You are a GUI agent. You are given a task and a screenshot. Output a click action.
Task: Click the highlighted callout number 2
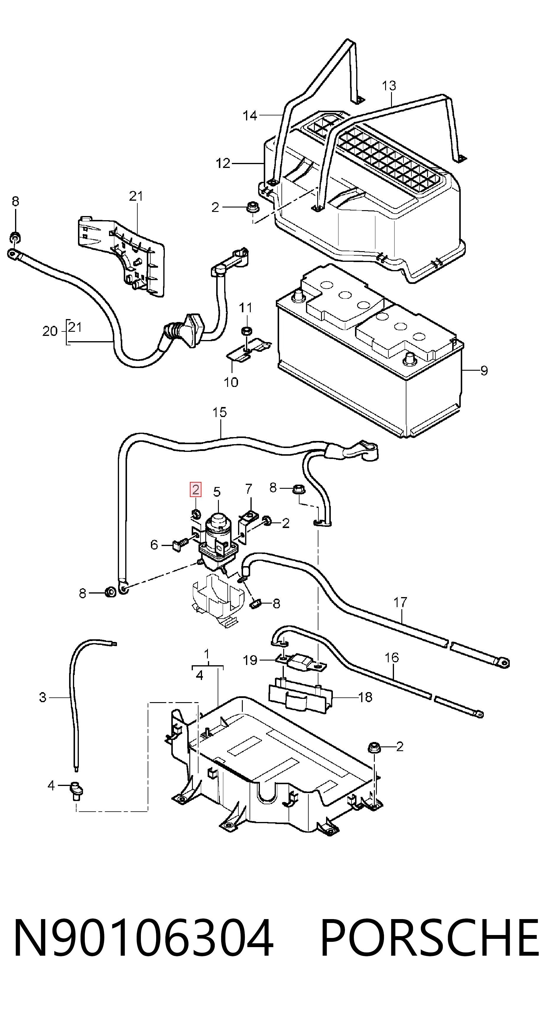[x=196, y=490]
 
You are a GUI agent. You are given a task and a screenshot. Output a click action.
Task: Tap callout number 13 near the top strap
[x=389, y=86]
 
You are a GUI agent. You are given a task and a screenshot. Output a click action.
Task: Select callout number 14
[x=250, y=115]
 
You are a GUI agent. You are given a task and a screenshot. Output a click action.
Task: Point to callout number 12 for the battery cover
[x=223, y=163]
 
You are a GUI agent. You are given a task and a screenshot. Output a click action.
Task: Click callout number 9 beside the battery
[x=484, y=370]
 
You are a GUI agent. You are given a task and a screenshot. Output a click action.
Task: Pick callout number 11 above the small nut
[x=246, y=307]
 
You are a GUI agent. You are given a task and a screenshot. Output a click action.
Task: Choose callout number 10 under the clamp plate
[x=231, y=382]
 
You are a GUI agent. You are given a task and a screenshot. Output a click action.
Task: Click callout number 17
[x=400, y=602]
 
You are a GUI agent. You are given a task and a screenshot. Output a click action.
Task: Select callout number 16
[x=392, y=657]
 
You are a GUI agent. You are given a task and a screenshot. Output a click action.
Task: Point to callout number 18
[x=366, y=697]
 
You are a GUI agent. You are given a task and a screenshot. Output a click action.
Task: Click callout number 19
[x=250, y=660]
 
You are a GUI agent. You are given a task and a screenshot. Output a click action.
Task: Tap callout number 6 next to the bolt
[x=154, y=545]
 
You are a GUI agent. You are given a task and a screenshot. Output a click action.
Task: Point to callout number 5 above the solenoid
[x=217, y=492]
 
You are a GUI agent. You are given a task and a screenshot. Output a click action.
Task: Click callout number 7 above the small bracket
[x=248, y=489]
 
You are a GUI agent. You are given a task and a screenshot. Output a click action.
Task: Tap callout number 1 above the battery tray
[x=207, y=654]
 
